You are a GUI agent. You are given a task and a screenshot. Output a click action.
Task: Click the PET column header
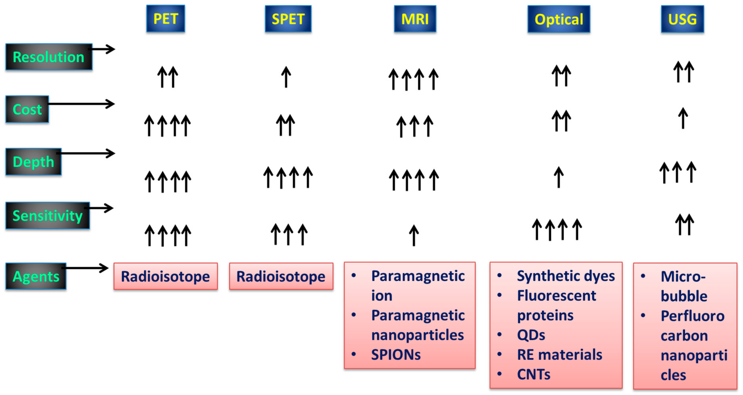click(x=165, y=19)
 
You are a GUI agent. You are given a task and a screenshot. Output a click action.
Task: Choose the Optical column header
click(x=559, y=19)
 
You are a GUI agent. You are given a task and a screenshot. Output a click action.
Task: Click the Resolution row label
click(x=49, y=57)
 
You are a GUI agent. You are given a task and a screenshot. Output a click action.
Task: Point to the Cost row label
click(x=27, y=109)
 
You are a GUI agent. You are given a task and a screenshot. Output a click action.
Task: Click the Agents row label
click(x=36, y=276)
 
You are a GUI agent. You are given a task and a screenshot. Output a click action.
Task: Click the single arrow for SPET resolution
click(x=286, y=77)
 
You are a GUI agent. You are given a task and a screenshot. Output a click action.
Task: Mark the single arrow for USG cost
click(x=682, y=118)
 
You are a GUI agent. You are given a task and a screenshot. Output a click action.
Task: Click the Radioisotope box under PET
click(x=165, y=276)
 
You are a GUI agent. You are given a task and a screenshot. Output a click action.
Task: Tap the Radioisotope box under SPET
click(x=281, y=276)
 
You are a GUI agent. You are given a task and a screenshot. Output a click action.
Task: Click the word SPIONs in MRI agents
click(x=396, y=355)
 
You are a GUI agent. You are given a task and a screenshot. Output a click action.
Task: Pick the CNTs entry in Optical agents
click(x=534, y=374)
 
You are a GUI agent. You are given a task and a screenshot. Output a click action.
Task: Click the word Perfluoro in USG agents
click(x=692, y=316)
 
